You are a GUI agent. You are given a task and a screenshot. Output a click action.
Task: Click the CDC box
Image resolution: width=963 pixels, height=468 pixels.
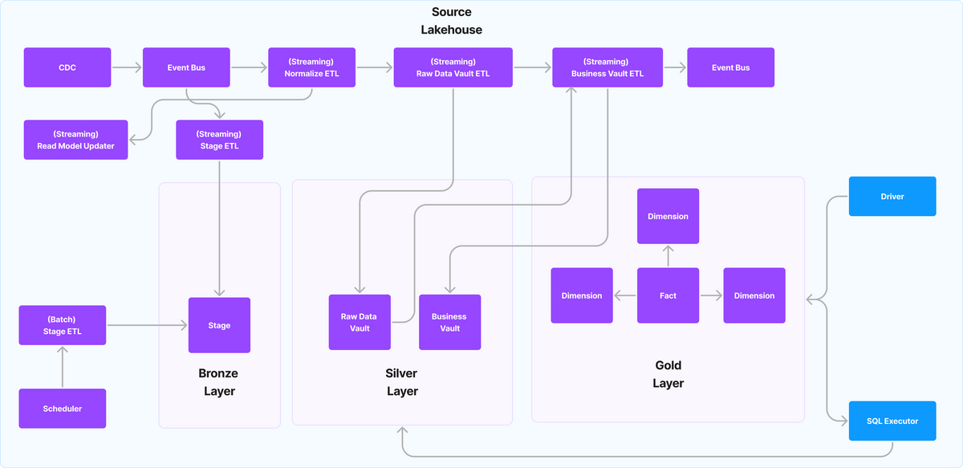tap(67, 67)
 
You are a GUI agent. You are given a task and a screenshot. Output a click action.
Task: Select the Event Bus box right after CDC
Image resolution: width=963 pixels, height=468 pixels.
tap(186, 67)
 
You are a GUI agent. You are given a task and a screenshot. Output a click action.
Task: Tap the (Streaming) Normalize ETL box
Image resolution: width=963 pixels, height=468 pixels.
tap(311, 67)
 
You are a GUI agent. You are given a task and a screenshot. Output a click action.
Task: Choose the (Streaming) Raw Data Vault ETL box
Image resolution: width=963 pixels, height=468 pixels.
tap(453, 67)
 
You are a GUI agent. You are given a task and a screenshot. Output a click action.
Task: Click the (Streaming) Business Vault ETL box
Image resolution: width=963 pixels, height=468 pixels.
tap(607, 67)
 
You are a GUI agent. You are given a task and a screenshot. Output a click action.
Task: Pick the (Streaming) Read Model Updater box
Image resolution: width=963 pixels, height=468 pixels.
tap(75, 140)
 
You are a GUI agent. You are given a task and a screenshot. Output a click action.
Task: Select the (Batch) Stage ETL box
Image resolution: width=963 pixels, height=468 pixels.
tap(62, 325)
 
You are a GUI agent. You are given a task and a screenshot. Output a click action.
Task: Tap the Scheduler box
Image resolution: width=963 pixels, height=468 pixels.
tap(62, 409)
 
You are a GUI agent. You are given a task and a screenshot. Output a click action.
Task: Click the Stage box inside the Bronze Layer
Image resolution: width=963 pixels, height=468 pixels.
tap(219, 325)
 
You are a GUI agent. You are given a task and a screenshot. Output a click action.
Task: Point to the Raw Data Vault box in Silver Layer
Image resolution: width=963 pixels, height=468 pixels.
tap(360, 322)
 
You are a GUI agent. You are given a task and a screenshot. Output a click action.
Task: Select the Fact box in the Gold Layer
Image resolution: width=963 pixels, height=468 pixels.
tap(668, 295)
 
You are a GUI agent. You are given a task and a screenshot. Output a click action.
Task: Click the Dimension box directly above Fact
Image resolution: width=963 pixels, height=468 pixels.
tap(668, 216)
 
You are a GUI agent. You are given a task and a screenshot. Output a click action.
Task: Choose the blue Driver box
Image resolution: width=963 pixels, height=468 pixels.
tap(892, 196)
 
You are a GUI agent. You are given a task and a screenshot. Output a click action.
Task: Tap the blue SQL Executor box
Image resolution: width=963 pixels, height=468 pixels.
tap(892, 421)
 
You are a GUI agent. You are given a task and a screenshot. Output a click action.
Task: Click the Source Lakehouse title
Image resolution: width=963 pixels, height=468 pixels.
tap(452, 21)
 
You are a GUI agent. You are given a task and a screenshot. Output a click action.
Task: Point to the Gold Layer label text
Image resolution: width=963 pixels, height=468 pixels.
tap(668, 374)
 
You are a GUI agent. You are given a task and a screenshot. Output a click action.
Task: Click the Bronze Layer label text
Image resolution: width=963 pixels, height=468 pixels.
tap(218, 382)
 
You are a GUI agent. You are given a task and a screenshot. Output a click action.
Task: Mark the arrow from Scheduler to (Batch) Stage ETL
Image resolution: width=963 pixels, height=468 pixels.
tap(62, 367)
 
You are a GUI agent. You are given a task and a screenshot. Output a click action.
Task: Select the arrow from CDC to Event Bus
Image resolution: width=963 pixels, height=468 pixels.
tap(127, 67)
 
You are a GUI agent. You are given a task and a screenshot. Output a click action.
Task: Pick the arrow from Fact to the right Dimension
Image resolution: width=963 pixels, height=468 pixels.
tap(711, 295)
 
